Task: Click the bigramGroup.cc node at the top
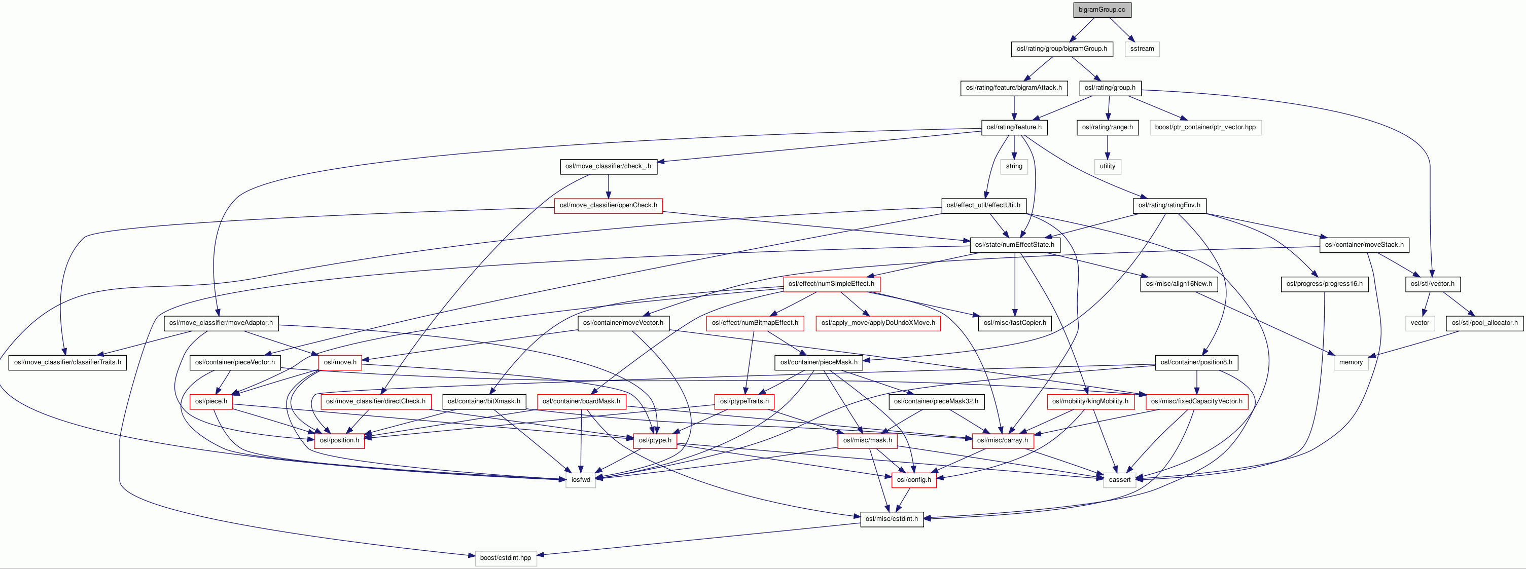[1101, 10]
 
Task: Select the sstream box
[1142, 49]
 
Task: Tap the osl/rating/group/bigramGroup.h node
[1061, 49]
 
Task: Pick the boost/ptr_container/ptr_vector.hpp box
[1205, 127]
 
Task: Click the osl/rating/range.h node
[1107, 127]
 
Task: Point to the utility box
[1107, 166]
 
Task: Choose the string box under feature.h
[1014, 166]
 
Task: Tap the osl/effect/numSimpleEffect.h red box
[831, 284]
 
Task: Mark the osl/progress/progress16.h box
[1324, 284]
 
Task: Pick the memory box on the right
[1351, 362]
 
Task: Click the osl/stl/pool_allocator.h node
[1484, 323]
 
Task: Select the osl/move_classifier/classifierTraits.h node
[67, 362]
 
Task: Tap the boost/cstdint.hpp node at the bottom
[505, 558]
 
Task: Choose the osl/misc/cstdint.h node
[892, 519]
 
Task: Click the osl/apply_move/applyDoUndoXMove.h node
[878, 323]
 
